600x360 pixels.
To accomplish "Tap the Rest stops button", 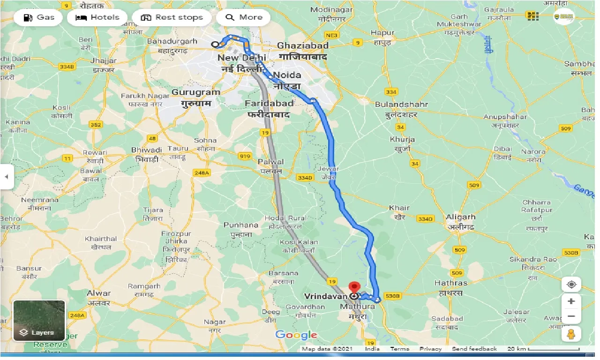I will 172,18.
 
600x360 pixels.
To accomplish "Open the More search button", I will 244,18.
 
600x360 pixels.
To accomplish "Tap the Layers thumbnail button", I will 39,321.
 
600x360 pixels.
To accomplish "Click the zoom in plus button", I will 571,301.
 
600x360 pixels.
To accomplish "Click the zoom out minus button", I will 571,316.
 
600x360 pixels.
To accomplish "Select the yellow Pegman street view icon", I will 571,334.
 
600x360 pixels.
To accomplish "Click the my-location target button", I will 571,284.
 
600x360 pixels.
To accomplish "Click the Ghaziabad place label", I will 303,45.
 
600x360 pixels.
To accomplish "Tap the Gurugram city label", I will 195,92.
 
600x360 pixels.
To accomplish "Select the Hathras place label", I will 450,283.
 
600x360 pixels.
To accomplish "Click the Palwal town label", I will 271,162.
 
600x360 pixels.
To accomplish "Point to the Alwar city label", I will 99,293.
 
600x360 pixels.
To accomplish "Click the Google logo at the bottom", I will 296,335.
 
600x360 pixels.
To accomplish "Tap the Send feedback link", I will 474,349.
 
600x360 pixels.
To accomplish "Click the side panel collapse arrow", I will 7,177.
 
